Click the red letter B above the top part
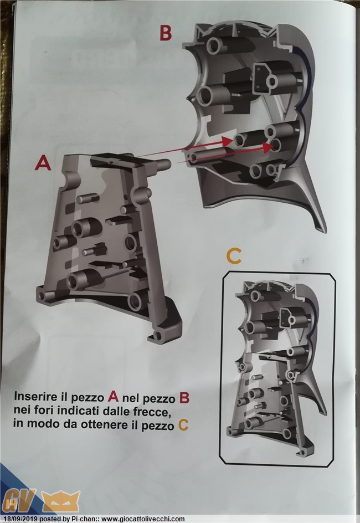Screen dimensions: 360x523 (166, 33)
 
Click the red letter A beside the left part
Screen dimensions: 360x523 (43, 163)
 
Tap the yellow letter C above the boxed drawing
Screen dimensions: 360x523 (234, 256)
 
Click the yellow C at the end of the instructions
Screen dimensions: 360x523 (183, 425)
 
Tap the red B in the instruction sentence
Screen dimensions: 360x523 (184, 398)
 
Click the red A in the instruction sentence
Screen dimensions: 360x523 (114, 397)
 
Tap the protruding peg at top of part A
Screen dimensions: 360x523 (164, 164)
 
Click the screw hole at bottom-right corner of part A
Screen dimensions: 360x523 (158, 335)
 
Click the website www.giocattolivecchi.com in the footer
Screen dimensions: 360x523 (143, 519)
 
